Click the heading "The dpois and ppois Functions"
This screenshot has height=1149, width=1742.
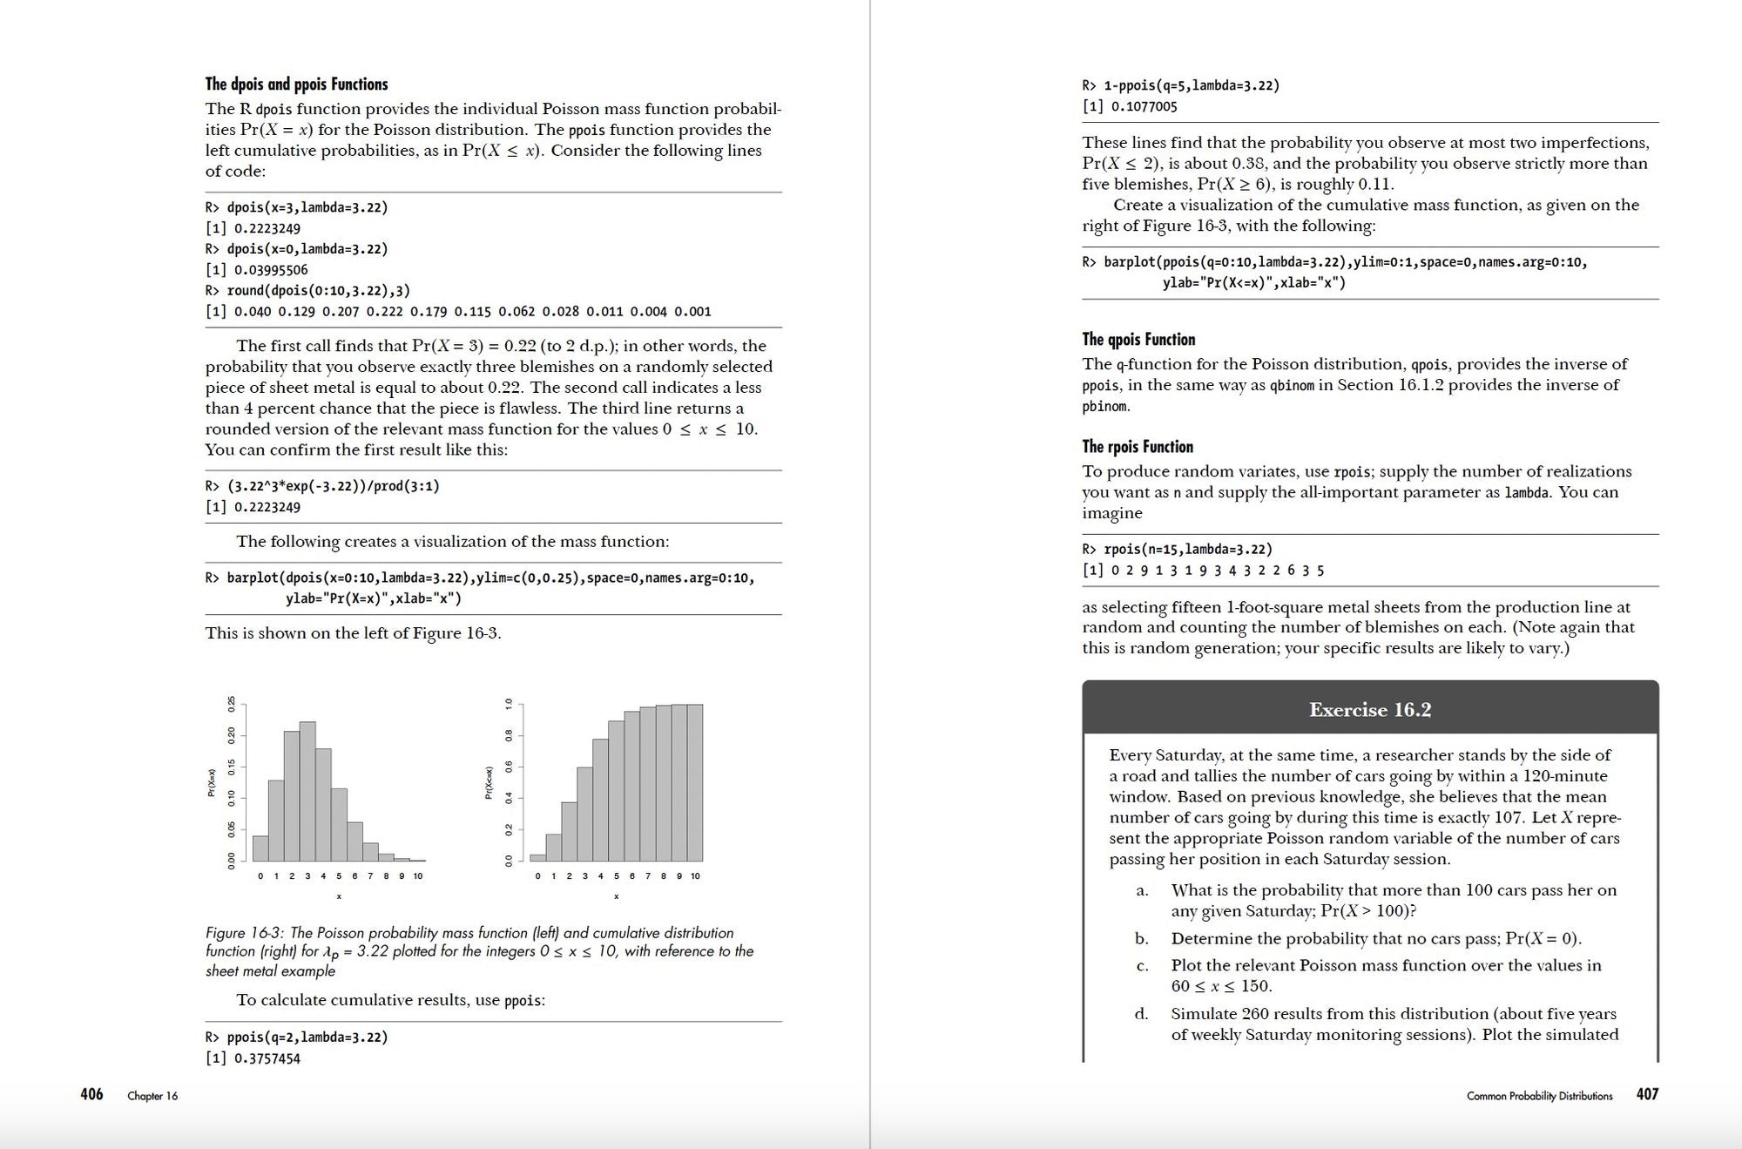296,84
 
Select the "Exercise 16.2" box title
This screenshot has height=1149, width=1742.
1369,710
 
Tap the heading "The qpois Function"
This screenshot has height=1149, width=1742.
1138,340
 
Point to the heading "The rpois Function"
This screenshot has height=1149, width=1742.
1137,447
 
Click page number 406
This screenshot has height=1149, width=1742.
91,1094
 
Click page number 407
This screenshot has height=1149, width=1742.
1647,1094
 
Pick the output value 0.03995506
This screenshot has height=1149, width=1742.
271,270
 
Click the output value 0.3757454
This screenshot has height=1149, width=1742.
267,1058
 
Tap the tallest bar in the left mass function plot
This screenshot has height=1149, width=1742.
307,791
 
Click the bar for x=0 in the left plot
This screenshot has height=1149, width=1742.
260,848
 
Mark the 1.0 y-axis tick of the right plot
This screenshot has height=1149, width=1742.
509,704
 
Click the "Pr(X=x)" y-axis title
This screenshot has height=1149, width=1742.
212,782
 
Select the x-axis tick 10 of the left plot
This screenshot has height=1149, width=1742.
418,875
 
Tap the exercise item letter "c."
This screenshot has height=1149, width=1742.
1142,965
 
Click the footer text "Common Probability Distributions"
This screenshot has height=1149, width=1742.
1539,1096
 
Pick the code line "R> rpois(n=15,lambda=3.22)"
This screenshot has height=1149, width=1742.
1177,550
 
